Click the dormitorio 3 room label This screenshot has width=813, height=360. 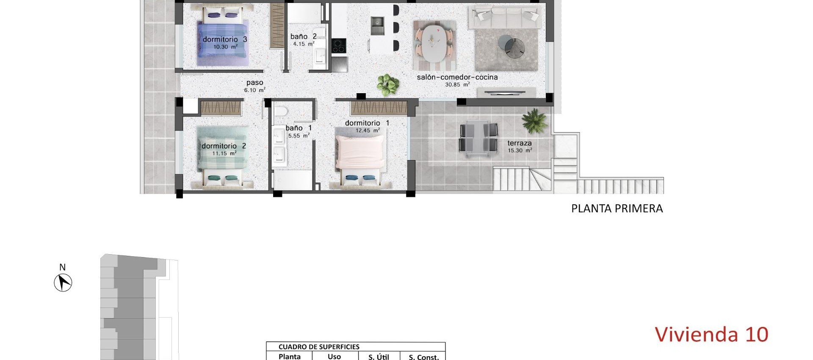[x=225, y=39]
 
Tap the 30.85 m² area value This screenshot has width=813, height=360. [x=457, y=85]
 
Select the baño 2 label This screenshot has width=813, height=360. [x=303, y=37]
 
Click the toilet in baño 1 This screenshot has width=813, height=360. [x=281, y=112]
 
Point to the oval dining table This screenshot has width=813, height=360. [x=434, y=44]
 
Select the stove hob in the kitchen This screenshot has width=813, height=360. [x=338, y=46]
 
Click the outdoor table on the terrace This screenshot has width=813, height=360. [x=478, y=138]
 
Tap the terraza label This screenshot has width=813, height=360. [x=520, y=143]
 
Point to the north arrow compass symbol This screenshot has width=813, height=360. [x=63, y=282]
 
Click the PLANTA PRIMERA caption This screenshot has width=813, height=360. [x=617, y=208]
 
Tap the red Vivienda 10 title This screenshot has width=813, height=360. [x=711, y=335]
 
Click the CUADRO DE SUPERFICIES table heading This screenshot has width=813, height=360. [x=319, y=347]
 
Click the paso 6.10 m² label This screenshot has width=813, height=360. [x=255, y=86]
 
